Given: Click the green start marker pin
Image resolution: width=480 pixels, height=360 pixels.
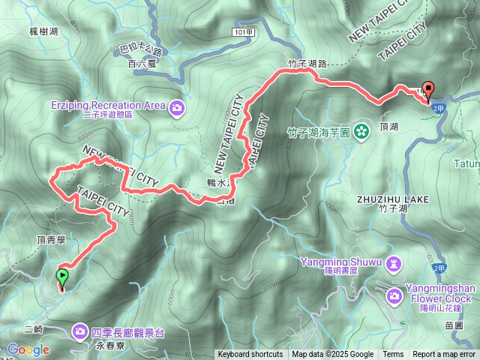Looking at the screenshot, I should point(61,278).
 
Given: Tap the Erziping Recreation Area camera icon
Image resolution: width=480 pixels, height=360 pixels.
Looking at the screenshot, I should point(175,106).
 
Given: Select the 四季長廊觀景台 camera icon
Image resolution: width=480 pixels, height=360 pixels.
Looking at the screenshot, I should point(80,331).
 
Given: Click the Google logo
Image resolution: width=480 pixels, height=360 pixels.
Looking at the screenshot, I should point(28,349).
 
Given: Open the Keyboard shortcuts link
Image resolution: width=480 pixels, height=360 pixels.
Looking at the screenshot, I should point(250,355).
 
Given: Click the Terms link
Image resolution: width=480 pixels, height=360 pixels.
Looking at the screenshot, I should point(393,355).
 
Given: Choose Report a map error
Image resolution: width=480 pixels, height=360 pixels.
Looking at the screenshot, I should point(444,355).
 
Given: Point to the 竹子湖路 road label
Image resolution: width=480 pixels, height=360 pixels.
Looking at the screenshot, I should point(307,64).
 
